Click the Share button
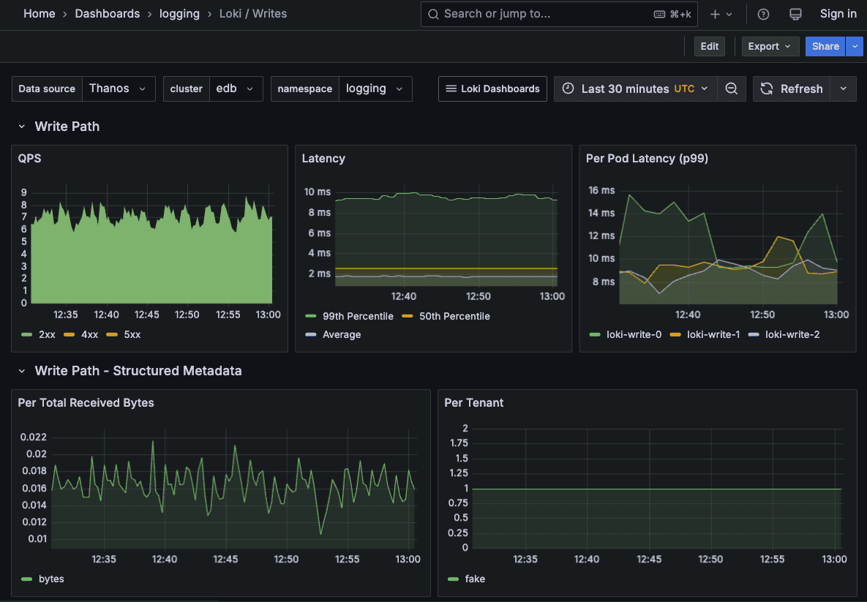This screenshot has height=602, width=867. pos(825,46)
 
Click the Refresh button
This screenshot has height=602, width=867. pos(793,89)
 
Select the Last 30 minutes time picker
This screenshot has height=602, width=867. pos(635,89)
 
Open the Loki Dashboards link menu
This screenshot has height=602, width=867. pos(492,89)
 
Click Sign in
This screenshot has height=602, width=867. pos(838,14)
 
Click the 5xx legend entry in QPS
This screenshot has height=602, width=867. pos(131,334)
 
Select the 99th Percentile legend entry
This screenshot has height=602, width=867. pos(357,316)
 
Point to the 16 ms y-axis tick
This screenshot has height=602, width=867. pos(601,190)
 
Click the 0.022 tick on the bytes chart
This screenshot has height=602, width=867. pos(33,437)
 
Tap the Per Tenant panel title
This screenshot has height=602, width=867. pos(474,402)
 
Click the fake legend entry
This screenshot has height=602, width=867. pos(474,579)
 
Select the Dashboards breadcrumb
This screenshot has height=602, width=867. pos(107,14)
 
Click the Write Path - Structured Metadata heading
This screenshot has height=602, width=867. pos(138,371)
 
